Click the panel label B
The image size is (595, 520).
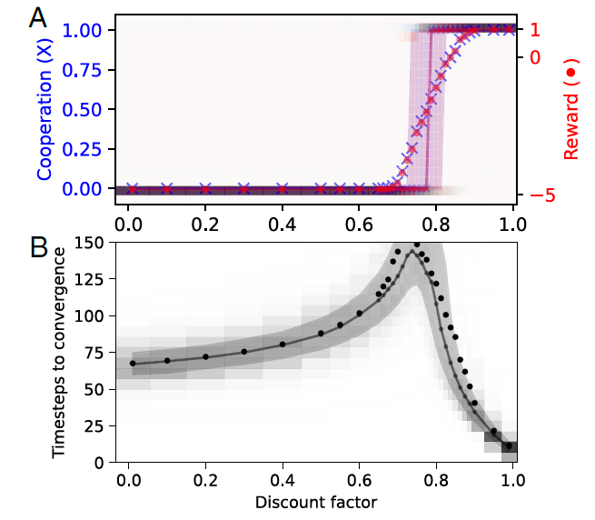tap(38, 247)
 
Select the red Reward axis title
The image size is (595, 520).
tap(570, 115)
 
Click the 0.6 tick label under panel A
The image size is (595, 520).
tap(360, 221)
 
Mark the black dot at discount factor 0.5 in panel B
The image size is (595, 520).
tap(321, 334)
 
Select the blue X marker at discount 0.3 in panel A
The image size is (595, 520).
tap(243, 189)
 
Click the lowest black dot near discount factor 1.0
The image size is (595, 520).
tap(510, 446)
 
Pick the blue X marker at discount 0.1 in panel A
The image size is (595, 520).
tap(167, 189)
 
